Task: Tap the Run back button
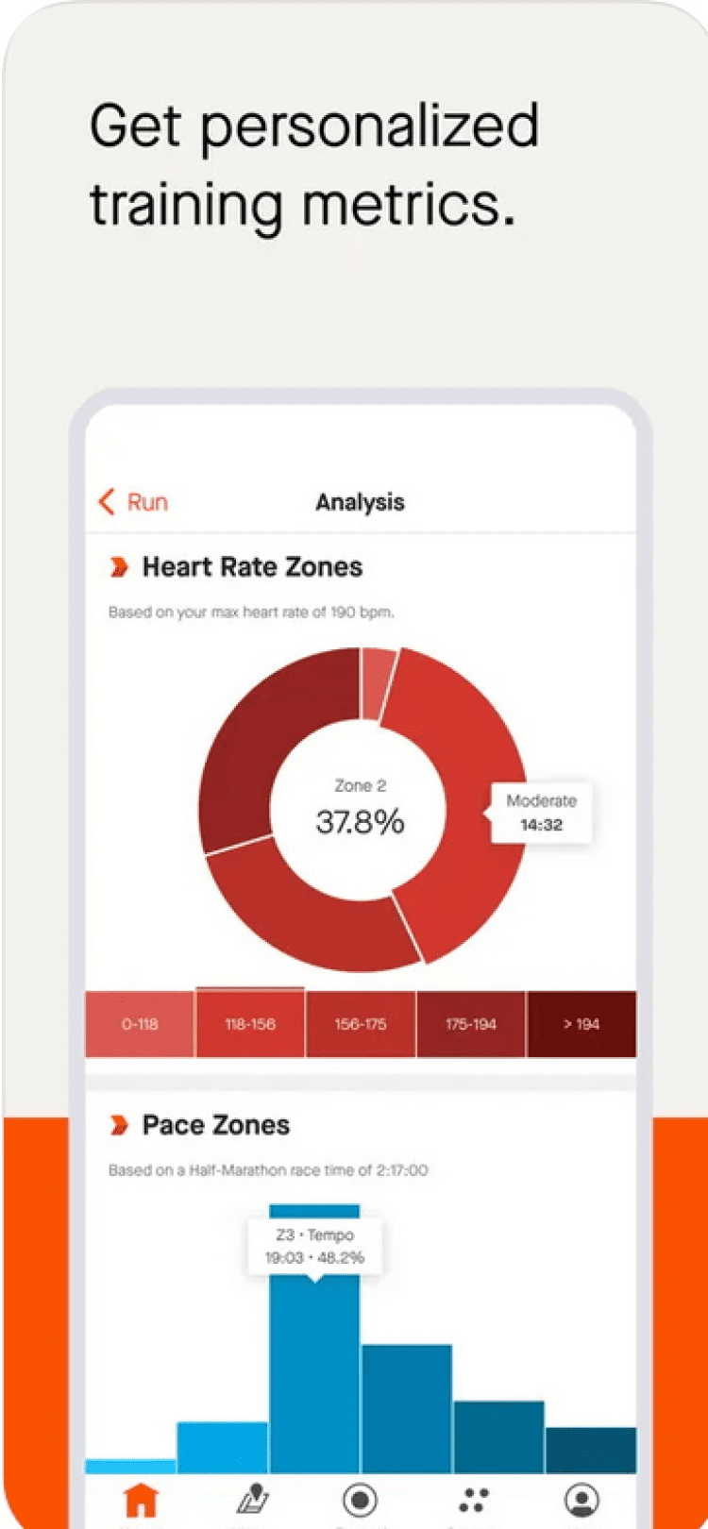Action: coord(133,502)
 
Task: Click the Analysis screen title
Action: coord(360,502)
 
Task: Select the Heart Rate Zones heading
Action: coord(252,567)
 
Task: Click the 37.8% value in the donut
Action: coord(360,822)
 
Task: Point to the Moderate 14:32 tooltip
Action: coord(541,813)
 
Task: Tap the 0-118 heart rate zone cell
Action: coord(140,1024)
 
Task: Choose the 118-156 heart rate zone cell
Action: coord(250,1024)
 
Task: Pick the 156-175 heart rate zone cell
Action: coord(360,1024)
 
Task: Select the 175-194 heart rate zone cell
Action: coord(470,1024)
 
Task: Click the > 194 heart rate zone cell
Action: coord(582,1024)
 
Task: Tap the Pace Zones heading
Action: coord(215,1125)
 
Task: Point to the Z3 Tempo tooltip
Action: coord(314,1246)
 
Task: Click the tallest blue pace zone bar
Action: coord(314,1369)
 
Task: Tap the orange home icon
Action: coord(142,1499)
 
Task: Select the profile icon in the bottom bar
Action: coord(582,1499)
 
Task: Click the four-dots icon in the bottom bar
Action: coord(473,1499)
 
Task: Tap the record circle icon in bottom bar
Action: coord(360,1499)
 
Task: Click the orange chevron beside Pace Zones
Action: coord(119,1125)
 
